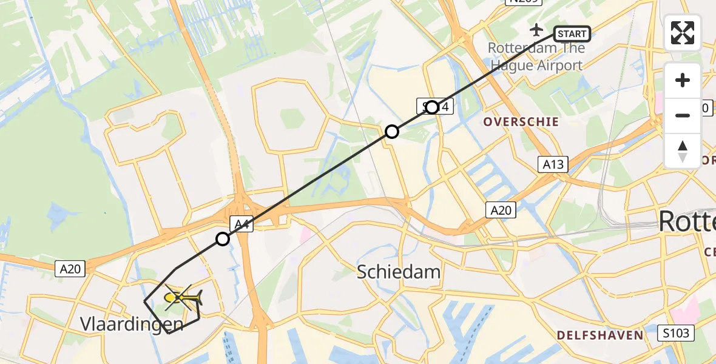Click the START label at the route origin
pos(572,34)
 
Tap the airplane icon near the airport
pos(537,29)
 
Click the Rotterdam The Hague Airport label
pos(537,56)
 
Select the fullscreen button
pos(683,33)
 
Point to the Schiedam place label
pos(399,271)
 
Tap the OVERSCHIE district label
pos(521,121)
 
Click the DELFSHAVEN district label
pos(600,335)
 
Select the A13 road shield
pos(552,163)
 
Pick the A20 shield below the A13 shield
pos(501,210)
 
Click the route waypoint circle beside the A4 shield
pos(223,239)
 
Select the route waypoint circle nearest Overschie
pos(432,107)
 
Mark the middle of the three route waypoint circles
pos(392,131)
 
